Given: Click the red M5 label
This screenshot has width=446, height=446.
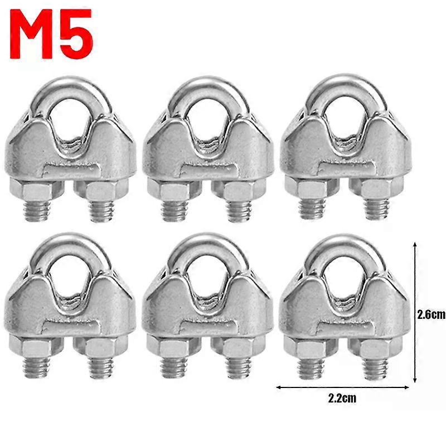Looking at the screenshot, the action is click(x=51, y=34).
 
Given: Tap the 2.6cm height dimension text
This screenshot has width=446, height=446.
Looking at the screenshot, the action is click(x=431, y=315).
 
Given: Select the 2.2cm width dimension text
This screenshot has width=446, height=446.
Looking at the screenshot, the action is click(x=342, y=398).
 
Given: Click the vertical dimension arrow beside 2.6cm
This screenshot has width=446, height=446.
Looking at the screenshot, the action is click(x=415, y=312).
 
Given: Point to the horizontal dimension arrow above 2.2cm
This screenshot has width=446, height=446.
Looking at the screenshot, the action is click(x=343, y=387).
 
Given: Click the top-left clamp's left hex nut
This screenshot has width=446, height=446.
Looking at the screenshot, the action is click(x=37, y=189).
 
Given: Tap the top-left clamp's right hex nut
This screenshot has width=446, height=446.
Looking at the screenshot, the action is click(x=101, y=190).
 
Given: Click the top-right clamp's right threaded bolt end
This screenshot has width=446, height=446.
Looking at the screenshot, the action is click(x=377, y=209).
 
